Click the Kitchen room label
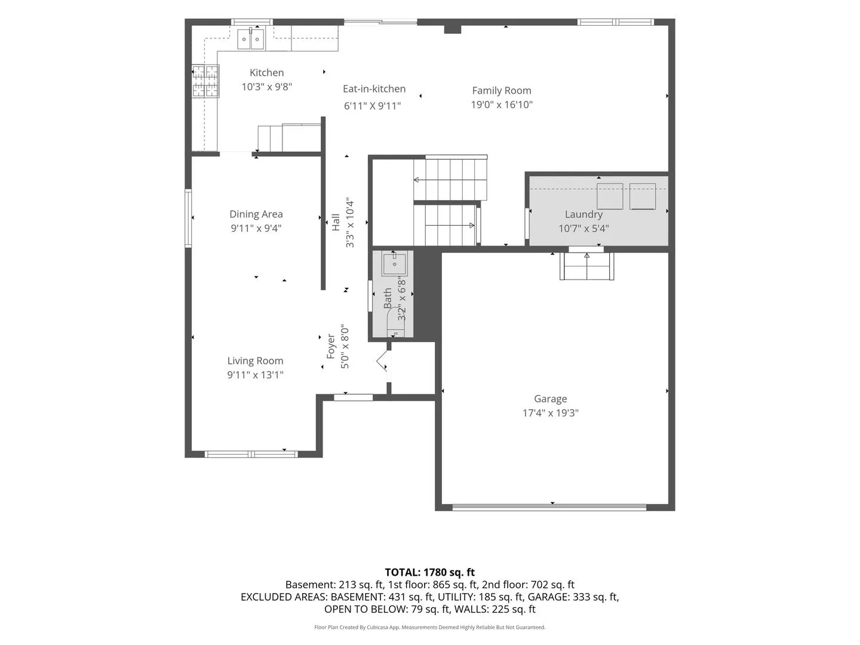[x=266, y=72]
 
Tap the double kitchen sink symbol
[x=251, y=39]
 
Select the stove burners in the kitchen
[x=205, y=81]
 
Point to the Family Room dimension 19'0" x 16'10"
[x=502, y=105]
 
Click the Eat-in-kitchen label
[x=374, y=89]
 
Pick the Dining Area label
[x=256, y=214]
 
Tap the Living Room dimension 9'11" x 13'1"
[x=255, y=375]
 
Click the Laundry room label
[x=583, y=214]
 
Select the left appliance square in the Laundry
[x=610, y=196]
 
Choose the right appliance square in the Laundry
[x=643, y=196]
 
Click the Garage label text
[x=550, y=399]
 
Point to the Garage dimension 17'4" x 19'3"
[x=550, y=413]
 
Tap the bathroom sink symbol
[x=394, y=264]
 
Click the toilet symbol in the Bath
[x=395, y=322]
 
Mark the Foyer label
[x=331, y=346]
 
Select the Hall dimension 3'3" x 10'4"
[x=349, y=222]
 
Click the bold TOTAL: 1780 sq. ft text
[x=430, y=572]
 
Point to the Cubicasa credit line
[x=430, y=627]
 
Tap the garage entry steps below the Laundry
[x=586, y=266]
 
